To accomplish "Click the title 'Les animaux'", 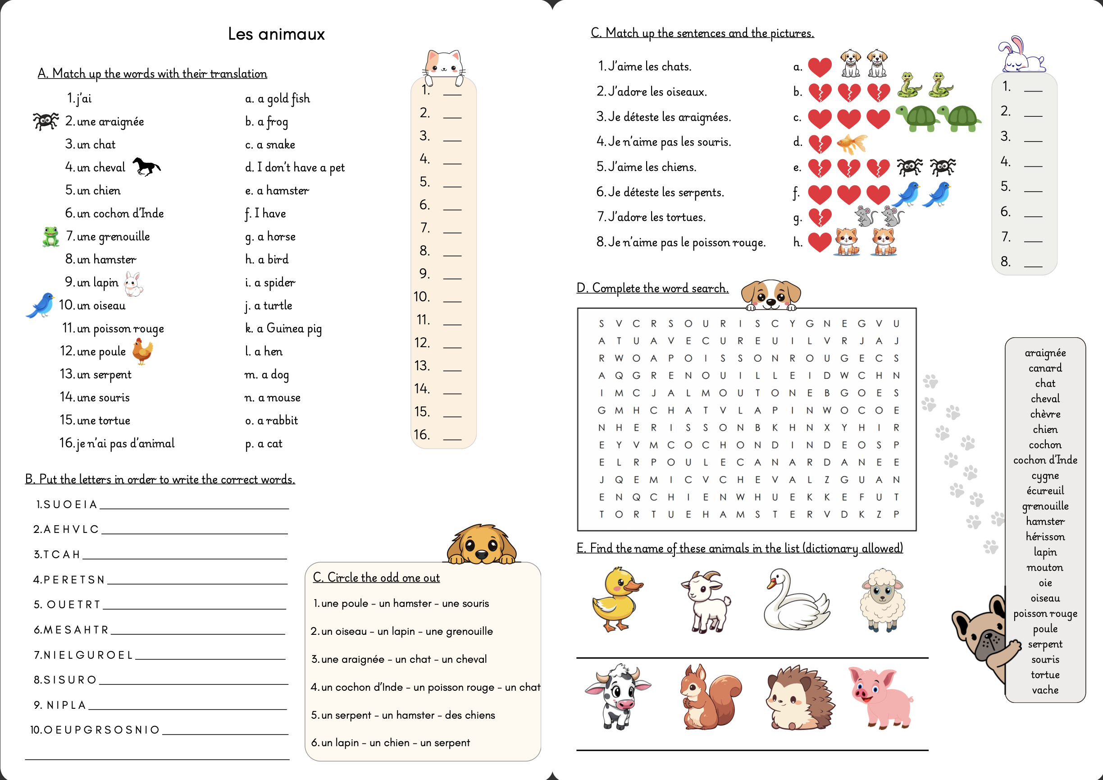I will click(x=276, y=34).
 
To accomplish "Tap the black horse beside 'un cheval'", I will click(x=146, y=166).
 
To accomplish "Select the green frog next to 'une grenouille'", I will click(x=50, y=236).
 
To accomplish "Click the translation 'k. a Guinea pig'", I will click(x=283, y=328).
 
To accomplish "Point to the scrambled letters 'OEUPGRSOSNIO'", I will click(x=102, y=730).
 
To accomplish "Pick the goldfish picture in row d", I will click(x=852, y=143).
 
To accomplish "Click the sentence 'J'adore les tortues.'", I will click(x=652, y=217).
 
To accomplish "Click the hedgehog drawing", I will click(x=799, y=697).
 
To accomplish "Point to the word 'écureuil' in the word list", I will click(x=1045, y=490).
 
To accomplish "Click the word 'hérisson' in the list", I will click(x=1045, y=537).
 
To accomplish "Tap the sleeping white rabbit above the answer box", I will click(x=1021, y=56).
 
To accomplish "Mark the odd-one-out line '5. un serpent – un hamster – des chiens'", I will click(x=402, y=715).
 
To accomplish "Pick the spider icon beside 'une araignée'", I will click(x=46, y=121).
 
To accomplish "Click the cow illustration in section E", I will click(x=617, y=696).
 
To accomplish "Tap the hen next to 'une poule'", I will click(x=142, y=351).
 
